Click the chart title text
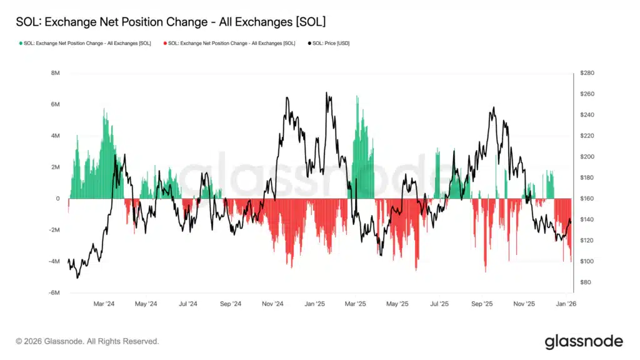pos(170,22)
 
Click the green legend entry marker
pos(21,43)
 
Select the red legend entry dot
pos(165,43)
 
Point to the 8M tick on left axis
pos(54,73)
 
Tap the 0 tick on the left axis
pos(57,199)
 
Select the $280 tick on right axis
pos(586,73)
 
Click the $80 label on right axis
pos(585,282)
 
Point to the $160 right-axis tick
pos(586,199)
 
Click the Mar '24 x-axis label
pos(104,304)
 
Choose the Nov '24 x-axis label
pos(272,304)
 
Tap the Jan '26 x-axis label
pos(566,304)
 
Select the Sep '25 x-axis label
pos(482,304)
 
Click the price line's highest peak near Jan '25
pos(326,93)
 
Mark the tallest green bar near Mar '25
pos(357,97)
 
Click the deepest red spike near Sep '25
pos(485,271)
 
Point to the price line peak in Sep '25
pos(494,107)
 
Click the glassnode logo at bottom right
pos(583,341)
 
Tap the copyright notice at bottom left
pos(87,341)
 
